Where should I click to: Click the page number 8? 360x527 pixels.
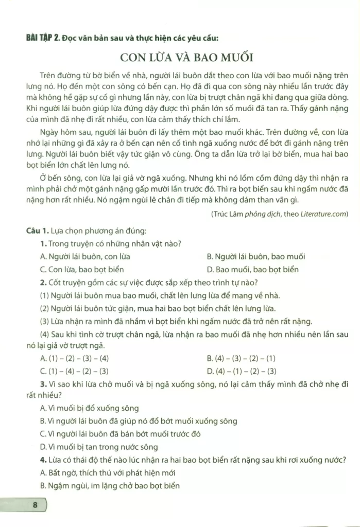tap(35, 504)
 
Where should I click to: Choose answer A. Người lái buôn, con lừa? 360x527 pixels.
tap(85, 256)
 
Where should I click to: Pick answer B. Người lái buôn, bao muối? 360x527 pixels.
tap(255, 256)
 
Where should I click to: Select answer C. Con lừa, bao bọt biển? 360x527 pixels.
tap(82, 269)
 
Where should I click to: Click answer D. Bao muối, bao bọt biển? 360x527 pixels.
tap(252, 269)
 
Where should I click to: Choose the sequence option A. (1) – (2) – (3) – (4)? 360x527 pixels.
tap(74, 358)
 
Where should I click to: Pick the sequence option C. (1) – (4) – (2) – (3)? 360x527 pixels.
tap(74, 371)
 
